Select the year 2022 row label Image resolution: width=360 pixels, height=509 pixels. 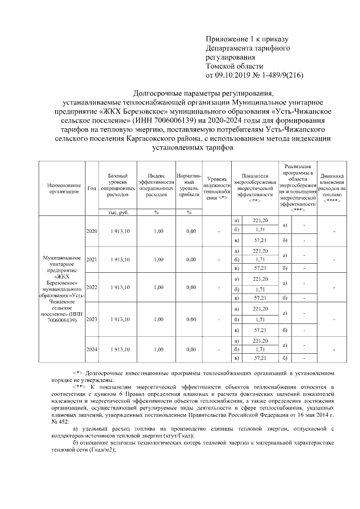pos(91,287)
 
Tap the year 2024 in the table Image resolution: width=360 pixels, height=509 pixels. pos(91,349)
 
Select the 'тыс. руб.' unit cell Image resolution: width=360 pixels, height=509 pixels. pos(118,212)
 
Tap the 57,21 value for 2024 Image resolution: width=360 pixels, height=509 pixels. pos(260,358)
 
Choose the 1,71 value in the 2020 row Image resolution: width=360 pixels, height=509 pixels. pos(260,229)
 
